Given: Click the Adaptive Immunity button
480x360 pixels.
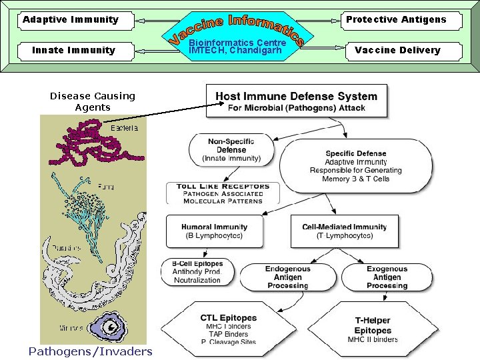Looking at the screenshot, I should pyautogui.click(x=70, y=19).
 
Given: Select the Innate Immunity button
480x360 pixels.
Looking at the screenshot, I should pyautogui.click(x=73, y=50).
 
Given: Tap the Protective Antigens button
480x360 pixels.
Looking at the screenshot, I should pyautogui.click(x=396, y=19).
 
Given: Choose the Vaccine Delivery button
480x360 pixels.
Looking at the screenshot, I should pyautogui.click(x=397, y=50).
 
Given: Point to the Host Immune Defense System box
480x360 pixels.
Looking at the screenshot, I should pyautogui.click(x=296, y=101).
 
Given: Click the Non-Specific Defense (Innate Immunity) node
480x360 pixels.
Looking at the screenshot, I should pyautogui.click(x=231, y=150).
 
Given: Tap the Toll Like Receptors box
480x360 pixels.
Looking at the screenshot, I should pyautogui.click(x=223, y=193).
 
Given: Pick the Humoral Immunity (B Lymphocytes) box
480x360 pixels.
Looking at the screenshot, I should pyautogui.click(x=213, y=231).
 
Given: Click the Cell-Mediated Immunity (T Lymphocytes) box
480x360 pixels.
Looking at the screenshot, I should pyautogui.click(x=344, y=231).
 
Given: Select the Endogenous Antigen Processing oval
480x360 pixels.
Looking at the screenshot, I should pyautogui.click(x=287, y=277).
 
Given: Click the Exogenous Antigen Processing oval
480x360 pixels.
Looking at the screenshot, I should pyautogui.click(x=387, y=277).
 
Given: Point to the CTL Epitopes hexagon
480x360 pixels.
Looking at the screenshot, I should pyautogui.click(x=229, y=329).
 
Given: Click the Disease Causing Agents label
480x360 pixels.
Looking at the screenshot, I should pyautogui.click(x=92, y=101).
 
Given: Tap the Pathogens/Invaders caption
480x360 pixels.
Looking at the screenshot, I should pyautogui.click(x=90, y=351).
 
